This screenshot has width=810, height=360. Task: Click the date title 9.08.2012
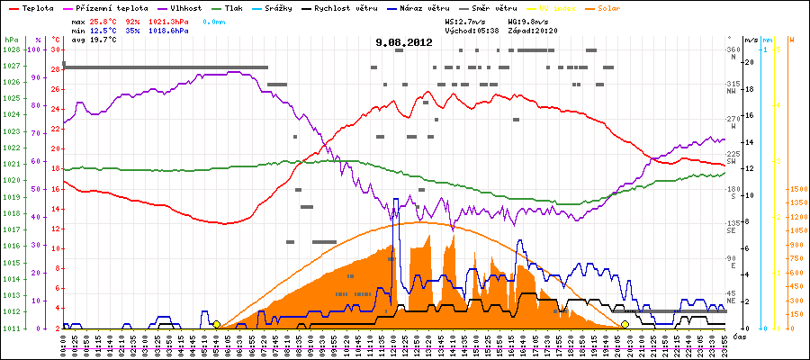[x=404, y=42]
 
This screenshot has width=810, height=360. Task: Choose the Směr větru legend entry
[x=495, y=7]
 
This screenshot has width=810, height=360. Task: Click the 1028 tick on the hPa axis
[x=12, y=50]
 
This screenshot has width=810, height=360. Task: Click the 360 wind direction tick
[x=732, y=50]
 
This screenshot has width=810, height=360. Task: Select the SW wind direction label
[x=732, y=161]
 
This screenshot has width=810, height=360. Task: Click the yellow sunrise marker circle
[x=216, y=324]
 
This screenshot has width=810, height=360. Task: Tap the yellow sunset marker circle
[x=625, y=324]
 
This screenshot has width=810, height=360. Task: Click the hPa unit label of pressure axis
[x=11, y=40]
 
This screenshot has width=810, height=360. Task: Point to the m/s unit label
[x=750, y=40]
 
